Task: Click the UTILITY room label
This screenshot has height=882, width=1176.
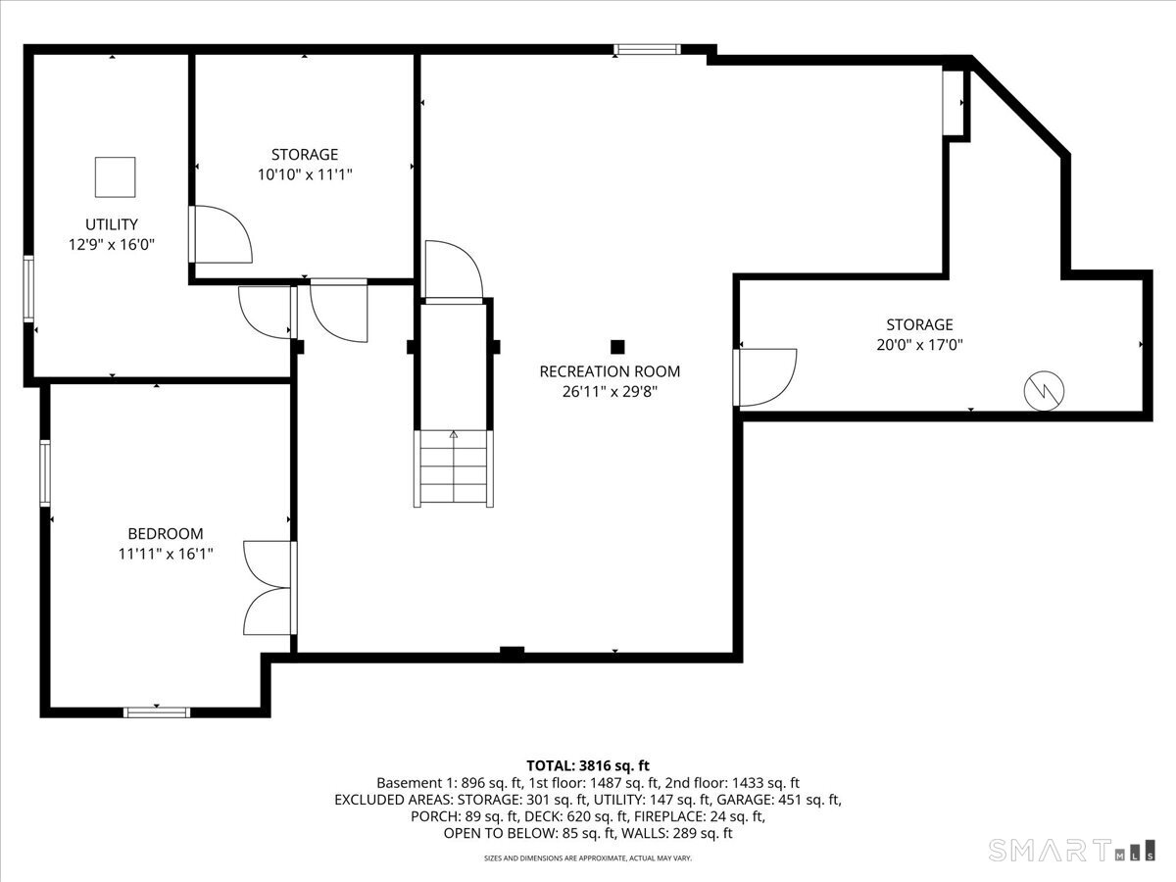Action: click(112, 223)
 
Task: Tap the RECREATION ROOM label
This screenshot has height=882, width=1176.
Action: click(610, 371)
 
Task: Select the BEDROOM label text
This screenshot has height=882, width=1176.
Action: click(166, 533)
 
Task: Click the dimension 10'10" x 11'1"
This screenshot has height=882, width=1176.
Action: click(305, 174)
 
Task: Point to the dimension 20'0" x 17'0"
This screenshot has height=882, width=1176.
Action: click(919, 344)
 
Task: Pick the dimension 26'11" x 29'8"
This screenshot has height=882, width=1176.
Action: click(610, 391)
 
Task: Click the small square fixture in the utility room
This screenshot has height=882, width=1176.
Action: click(116, 177)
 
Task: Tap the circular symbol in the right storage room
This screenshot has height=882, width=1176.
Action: click(1044, 391)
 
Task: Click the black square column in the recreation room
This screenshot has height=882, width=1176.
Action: click(617, 347)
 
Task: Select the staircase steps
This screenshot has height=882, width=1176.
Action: click(454, 468)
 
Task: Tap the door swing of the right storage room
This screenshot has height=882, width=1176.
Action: click(765, 377)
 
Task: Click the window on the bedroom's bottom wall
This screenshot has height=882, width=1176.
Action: click(157, 712)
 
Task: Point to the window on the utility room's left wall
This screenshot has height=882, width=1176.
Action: click(28, 289)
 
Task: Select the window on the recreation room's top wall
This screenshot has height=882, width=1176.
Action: click(647, 50)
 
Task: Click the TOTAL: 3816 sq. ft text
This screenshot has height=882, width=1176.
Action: click(588, 765)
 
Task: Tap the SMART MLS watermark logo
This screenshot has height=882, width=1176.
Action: click(1071, 851)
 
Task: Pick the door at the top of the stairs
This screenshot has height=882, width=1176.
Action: click(454, 272)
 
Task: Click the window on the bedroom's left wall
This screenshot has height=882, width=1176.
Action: click(45, 473)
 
